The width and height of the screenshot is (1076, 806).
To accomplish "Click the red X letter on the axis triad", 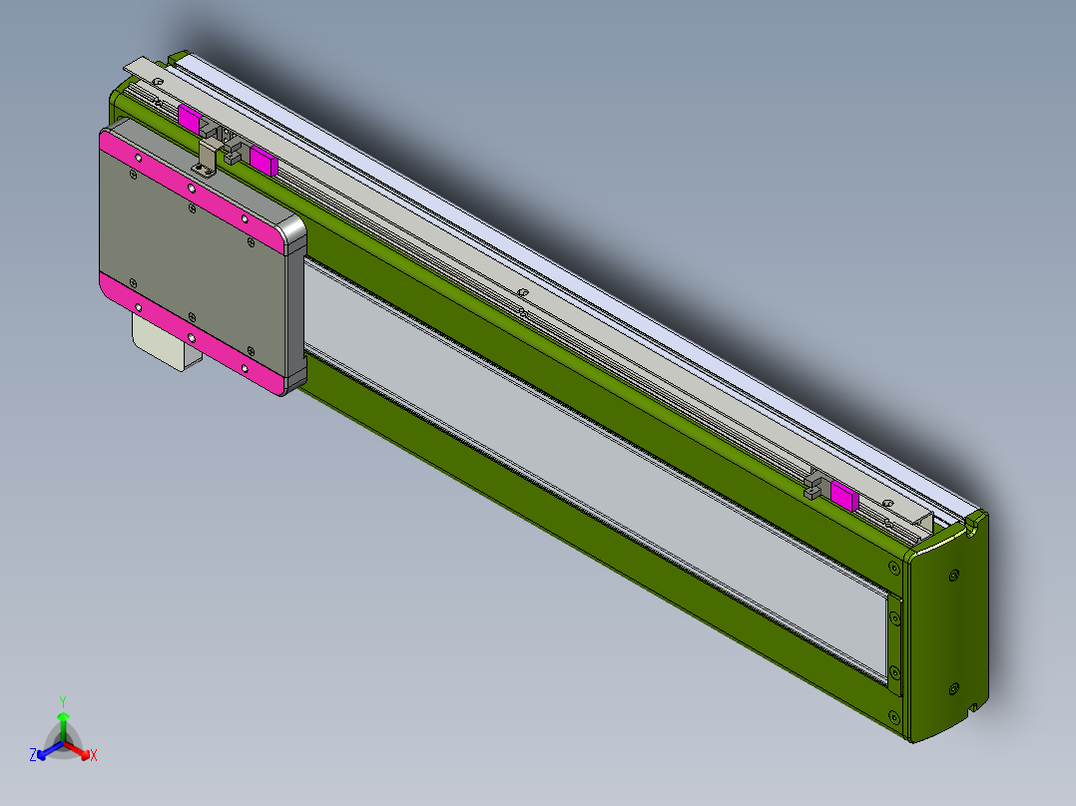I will click(94, 756).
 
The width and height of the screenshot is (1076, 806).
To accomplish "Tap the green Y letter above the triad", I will click(62, 700).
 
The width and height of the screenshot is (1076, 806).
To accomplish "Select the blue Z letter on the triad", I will click(33, 756).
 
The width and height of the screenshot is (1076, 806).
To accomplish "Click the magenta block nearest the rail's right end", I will click(843, 496).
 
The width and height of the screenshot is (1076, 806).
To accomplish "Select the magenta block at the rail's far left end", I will click(189, 117).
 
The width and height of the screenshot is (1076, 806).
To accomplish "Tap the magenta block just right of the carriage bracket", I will click(264, 160).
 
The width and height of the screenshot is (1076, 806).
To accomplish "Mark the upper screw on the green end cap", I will click(954, 575).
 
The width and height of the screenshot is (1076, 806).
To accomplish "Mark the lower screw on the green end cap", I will click(953, 687).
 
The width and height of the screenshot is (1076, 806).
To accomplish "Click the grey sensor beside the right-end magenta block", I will click(816, 487).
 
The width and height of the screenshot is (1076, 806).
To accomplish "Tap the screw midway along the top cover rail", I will click(521, 291).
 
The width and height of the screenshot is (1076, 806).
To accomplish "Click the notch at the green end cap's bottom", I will click(973, 709).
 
